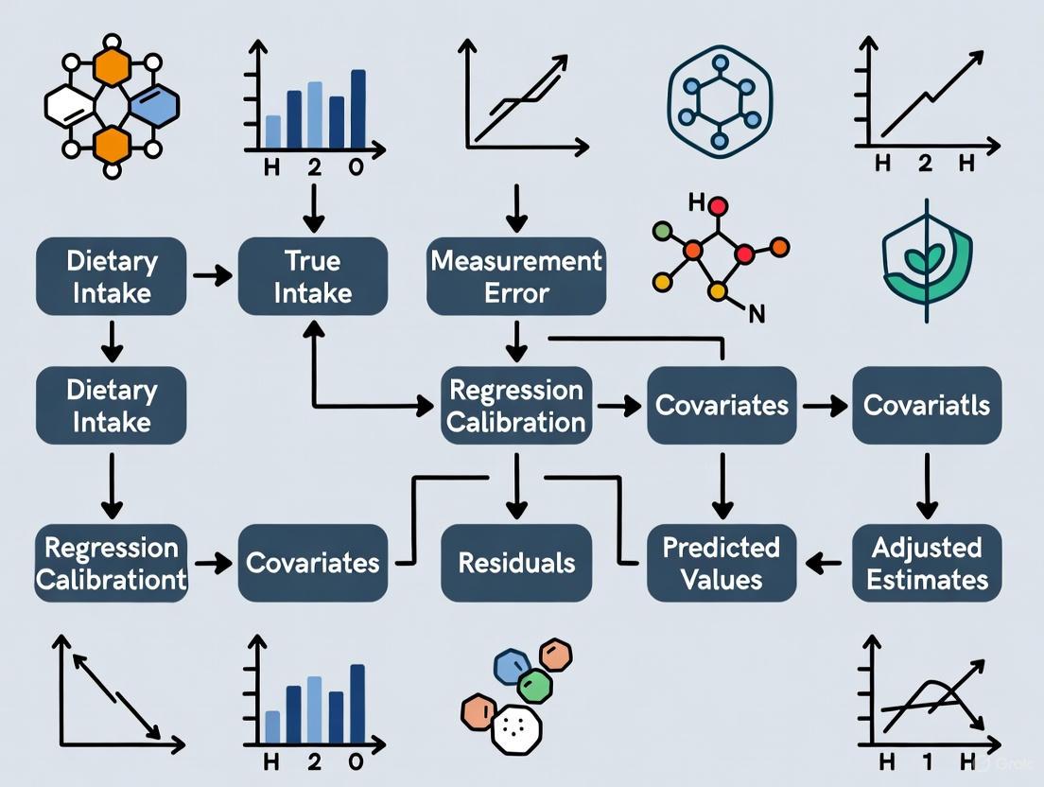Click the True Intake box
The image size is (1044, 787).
pyautogui.click(x=312, y=275)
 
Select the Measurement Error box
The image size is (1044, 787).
pyautogui.click(x=515, y=275)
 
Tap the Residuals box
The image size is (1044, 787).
pyautogui.click(x=516, y=563)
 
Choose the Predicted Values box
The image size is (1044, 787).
pyautogui.click(x=722, y=563)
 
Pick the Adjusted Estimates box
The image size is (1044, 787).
pyautogui.click(x=927, y=563)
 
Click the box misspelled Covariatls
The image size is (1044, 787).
pyautogui.click(x=927, y=406)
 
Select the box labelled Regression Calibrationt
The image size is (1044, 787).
pyautogui.click(x=112, y=563)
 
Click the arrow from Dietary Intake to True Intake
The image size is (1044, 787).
pyautogui.click(x=212, y=276)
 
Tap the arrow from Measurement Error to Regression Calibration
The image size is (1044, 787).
pyautogui.click(x=515, y=340)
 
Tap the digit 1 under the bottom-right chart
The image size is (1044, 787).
pyautogui.click(x=926, y=762)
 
